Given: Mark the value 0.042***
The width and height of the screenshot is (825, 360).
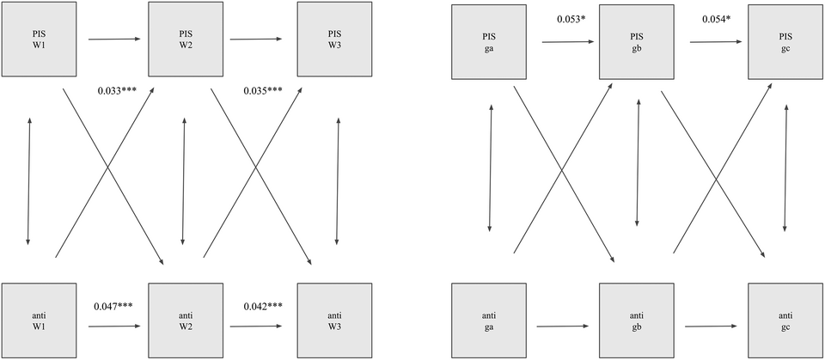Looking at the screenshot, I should [x=263, y=305].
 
